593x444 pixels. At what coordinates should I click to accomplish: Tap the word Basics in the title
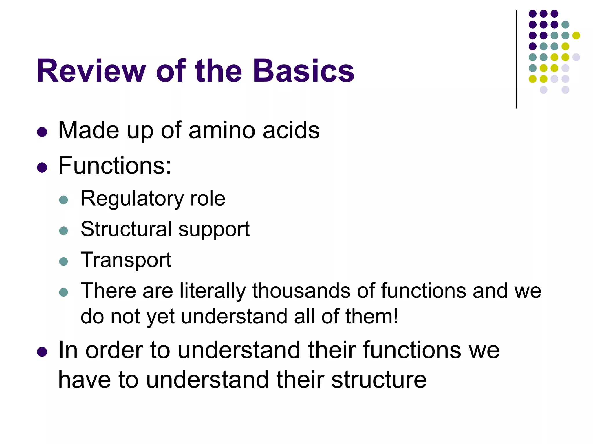coord(303,71)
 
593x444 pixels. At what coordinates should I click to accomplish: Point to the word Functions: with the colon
coord(115,166)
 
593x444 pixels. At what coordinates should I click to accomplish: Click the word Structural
coord(126,229)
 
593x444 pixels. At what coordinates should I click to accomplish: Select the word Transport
coord(126,260)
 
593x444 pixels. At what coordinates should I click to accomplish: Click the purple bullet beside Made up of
coord(42,132)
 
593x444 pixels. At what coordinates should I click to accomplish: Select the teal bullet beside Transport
coord(63,262)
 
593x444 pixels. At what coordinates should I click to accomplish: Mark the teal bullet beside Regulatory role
coord(63,200)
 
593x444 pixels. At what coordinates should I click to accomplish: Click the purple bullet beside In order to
coord(42,352)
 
